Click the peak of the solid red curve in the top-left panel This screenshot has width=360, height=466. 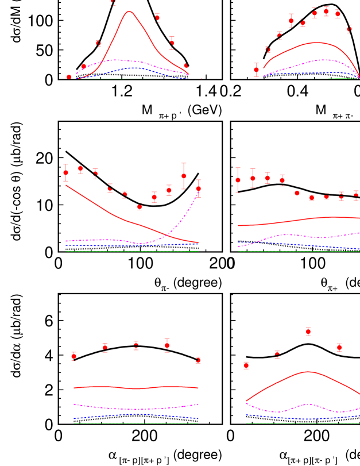coord(130,11)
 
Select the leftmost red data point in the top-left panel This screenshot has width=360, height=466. coord(69,77)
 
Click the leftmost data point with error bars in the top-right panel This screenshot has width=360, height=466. coord(256,70)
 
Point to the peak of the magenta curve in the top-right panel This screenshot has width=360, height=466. coord(325,60)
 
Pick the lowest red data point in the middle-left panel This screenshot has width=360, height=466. coord(140,207)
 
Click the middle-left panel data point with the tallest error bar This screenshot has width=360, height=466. coord(184,176)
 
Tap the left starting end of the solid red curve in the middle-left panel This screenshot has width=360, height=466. coord(66,185)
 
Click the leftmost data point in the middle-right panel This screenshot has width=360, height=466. coord(238,180)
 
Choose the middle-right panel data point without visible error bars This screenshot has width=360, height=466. coord(297,193)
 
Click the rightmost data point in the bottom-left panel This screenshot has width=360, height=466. coord(198,360)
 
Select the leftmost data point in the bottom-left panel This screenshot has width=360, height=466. coord(73,356)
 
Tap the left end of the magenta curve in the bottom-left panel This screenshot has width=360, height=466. coord(74,404)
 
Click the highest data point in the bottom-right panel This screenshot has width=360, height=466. coord(308,332)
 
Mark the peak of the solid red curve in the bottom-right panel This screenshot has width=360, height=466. coord(308,372)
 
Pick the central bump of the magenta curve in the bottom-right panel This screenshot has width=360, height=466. coord(308,405)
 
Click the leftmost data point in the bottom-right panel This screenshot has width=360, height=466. coord(246,365)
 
